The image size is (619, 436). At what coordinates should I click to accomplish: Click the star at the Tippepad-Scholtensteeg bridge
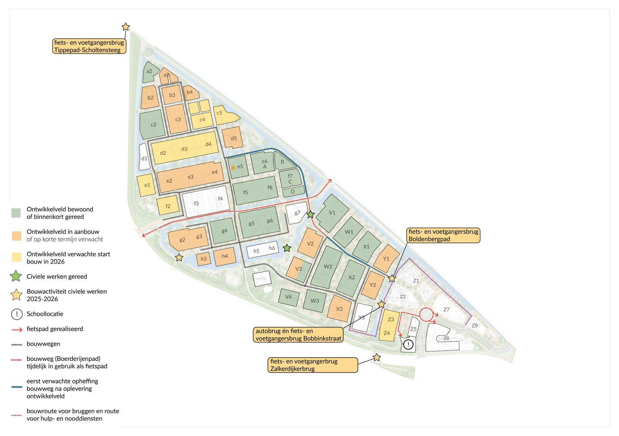pos(126,27)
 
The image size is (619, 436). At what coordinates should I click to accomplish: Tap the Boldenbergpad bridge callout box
pos(443,235)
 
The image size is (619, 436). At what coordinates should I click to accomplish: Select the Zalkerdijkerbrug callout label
pos(312,365)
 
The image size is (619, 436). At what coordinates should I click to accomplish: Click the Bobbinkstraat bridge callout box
pos(298,335)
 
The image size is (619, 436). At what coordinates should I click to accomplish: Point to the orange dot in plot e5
pos(233,168)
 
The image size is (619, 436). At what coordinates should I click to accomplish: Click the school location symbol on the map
pos(408,344)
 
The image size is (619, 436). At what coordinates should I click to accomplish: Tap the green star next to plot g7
pos(310,214)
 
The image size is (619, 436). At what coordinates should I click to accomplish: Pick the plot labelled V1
pos(332,213)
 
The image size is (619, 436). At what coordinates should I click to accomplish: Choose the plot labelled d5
pos(233,138)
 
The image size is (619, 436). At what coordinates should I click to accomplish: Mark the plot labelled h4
pos(225,256)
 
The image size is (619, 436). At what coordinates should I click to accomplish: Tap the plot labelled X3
pos(339,309)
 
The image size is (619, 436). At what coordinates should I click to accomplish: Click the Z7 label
pos(446,309)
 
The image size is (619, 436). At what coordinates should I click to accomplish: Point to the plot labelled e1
pos(147,185)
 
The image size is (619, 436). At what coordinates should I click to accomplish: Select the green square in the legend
pos(16,213)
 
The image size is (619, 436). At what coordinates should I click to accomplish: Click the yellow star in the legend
pos(16,295)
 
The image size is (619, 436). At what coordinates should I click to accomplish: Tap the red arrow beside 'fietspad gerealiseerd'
pos(17,329)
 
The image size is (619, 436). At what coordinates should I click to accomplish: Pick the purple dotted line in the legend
pos(17,415)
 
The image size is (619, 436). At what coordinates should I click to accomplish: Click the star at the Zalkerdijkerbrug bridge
pos(377,357)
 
